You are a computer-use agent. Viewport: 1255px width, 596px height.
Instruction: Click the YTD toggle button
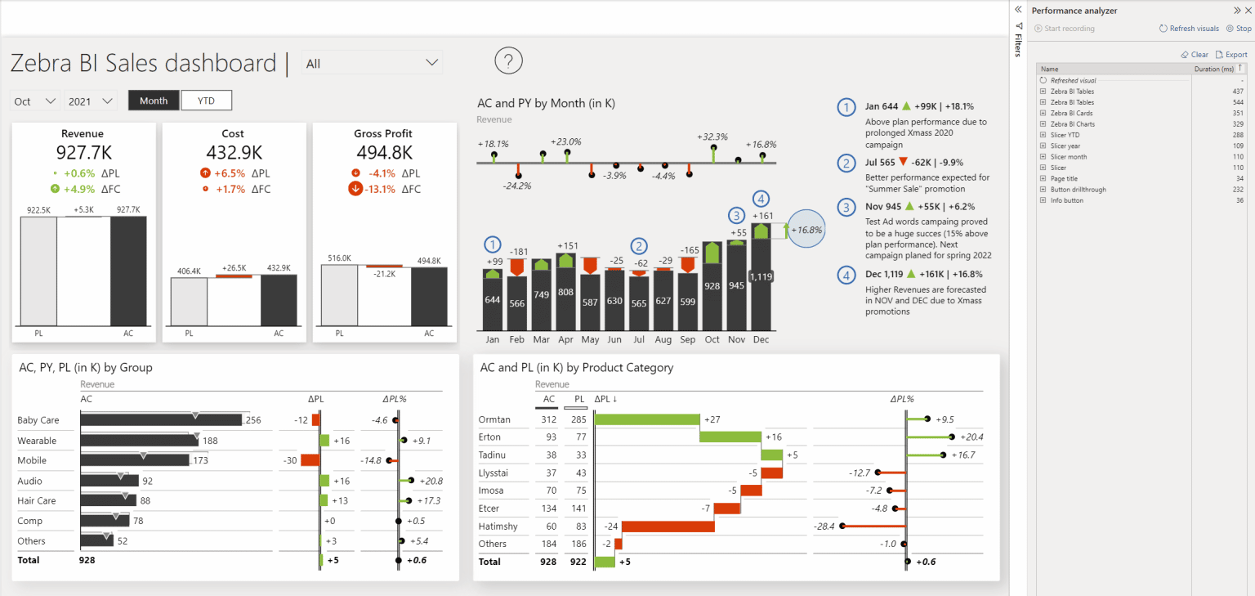206,101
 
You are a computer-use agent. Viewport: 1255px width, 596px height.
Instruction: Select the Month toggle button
154,101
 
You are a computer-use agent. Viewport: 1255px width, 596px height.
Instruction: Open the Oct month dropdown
36,101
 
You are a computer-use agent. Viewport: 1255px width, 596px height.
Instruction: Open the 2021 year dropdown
91,101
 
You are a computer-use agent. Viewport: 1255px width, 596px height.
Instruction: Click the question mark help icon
508,60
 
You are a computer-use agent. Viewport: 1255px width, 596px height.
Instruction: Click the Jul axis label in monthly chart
638,339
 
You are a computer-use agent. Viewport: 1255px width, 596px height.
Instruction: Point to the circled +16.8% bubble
807,230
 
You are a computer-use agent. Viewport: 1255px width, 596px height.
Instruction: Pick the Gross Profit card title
382,133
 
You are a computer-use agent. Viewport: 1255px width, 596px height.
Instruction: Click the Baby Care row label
38,420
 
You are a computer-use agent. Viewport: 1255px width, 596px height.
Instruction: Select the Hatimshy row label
498,527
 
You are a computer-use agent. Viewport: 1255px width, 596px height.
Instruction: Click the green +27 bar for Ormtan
647,419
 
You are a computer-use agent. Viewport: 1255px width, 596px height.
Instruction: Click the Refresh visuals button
1189,29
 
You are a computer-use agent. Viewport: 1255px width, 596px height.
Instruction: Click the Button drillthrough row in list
1078,190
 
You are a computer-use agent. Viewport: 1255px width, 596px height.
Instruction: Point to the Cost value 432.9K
233,152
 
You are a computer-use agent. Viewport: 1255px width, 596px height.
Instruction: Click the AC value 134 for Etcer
548,509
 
